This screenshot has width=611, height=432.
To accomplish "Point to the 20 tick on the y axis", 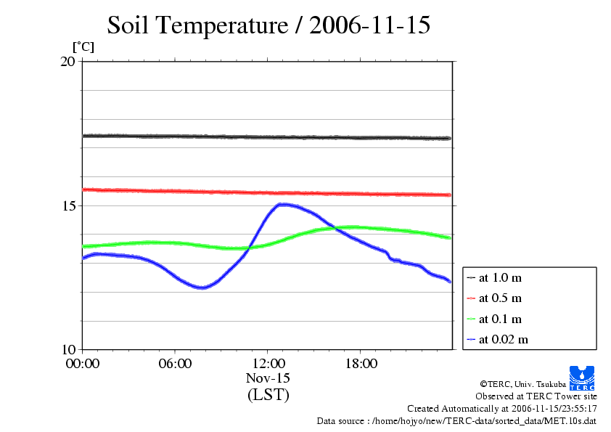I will [68, 62].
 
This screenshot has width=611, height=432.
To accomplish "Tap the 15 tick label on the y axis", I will [68, 206].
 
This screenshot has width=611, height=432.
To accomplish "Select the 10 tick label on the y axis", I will [68, 350].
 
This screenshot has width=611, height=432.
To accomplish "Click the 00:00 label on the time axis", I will [82, 364].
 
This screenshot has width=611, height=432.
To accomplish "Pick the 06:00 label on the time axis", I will [175, 364].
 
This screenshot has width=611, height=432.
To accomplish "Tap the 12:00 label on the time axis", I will [268, 364].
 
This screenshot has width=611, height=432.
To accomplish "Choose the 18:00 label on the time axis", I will [361, 364].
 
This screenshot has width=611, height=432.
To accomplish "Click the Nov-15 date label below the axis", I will [268, 379].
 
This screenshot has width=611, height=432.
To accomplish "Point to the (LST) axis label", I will [268, 396].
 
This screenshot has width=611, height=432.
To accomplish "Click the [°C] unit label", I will [83, 47].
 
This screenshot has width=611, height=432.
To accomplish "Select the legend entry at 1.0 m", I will [500, 278].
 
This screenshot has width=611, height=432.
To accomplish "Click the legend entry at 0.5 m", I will [500, 298].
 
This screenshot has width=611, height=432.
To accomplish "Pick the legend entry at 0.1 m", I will [500, 319].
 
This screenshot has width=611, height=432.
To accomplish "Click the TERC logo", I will [583, 377].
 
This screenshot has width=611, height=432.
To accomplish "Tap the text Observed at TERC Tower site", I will [536, 396].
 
